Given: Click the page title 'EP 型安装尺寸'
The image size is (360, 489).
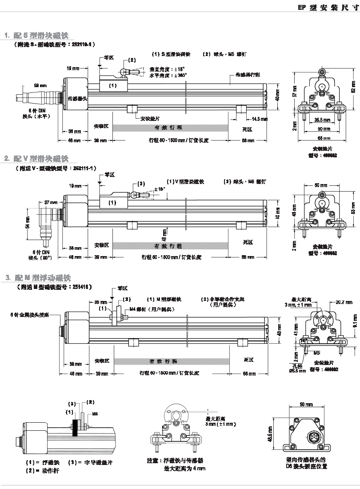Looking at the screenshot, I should point(328,7).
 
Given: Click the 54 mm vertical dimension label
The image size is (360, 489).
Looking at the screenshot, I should point(28,220).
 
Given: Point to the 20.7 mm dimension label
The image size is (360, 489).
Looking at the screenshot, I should point(344,303).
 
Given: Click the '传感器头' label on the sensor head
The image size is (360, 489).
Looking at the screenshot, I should point(77,98).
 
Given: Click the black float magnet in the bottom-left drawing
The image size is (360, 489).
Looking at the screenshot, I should point(76,425).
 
